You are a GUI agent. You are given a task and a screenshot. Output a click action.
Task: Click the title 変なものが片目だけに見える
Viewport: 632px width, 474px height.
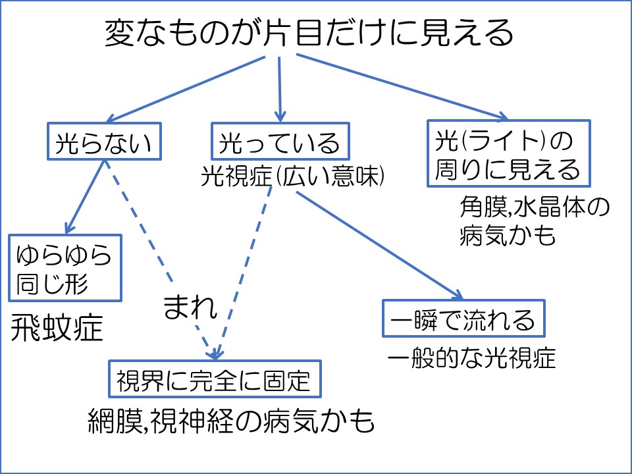(309, 32)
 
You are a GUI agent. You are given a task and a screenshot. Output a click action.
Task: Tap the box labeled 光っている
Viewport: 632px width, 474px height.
(280, 141)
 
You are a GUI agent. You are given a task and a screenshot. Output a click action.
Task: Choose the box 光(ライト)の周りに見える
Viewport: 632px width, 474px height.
(508, 153)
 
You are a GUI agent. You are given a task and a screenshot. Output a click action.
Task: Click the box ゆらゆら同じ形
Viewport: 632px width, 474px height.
(65, 267)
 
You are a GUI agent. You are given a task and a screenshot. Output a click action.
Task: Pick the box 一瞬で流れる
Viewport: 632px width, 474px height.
(465, 318)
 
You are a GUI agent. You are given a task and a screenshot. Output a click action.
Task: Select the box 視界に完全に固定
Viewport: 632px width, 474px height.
(215, 378)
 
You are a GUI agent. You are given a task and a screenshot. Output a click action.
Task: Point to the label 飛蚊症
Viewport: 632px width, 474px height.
(57, 329)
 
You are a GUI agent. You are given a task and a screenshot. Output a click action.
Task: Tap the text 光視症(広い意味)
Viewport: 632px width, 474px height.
(293, 176)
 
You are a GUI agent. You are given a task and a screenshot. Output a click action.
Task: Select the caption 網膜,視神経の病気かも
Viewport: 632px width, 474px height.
(231, 419)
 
